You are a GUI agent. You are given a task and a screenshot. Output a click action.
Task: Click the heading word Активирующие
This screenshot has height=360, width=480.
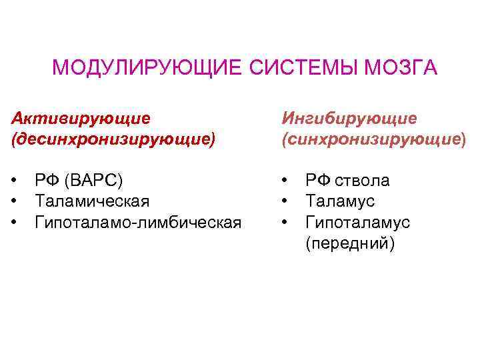pyautogui.click(x=81, y=118)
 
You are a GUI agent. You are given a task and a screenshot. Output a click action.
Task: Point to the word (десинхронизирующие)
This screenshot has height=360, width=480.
pyautogui.click(x=113, y=139)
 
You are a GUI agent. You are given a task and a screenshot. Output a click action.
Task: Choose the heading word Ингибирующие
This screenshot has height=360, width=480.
pyautogui.click(x=349, y=118)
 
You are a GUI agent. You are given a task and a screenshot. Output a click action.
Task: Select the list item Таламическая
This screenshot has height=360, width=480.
pyautogui.click(x=92, y=201)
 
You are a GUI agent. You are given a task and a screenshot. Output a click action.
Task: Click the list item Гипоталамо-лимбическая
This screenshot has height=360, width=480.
pyautogui.click(x=138, y=221)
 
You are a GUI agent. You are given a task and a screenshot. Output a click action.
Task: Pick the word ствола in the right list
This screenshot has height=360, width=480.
pyautogui.click(x=362, y=180)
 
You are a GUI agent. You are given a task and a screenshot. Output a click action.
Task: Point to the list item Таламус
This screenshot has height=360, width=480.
pyautogui.click(x=340, y=201)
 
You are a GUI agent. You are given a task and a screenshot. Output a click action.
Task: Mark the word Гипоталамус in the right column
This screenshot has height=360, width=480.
pyautogui.click(x=357, y=221)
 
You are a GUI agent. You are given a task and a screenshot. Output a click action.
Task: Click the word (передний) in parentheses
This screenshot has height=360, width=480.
pyautogui.click(x=350, y=243)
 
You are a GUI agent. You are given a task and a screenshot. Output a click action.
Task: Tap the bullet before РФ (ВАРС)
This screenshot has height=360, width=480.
pyautogui.click(x=15, y=181)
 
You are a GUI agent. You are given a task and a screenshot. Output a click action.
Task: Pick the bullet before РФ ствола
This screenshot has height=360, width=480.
pyautogui.click(x=285, y=181)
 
